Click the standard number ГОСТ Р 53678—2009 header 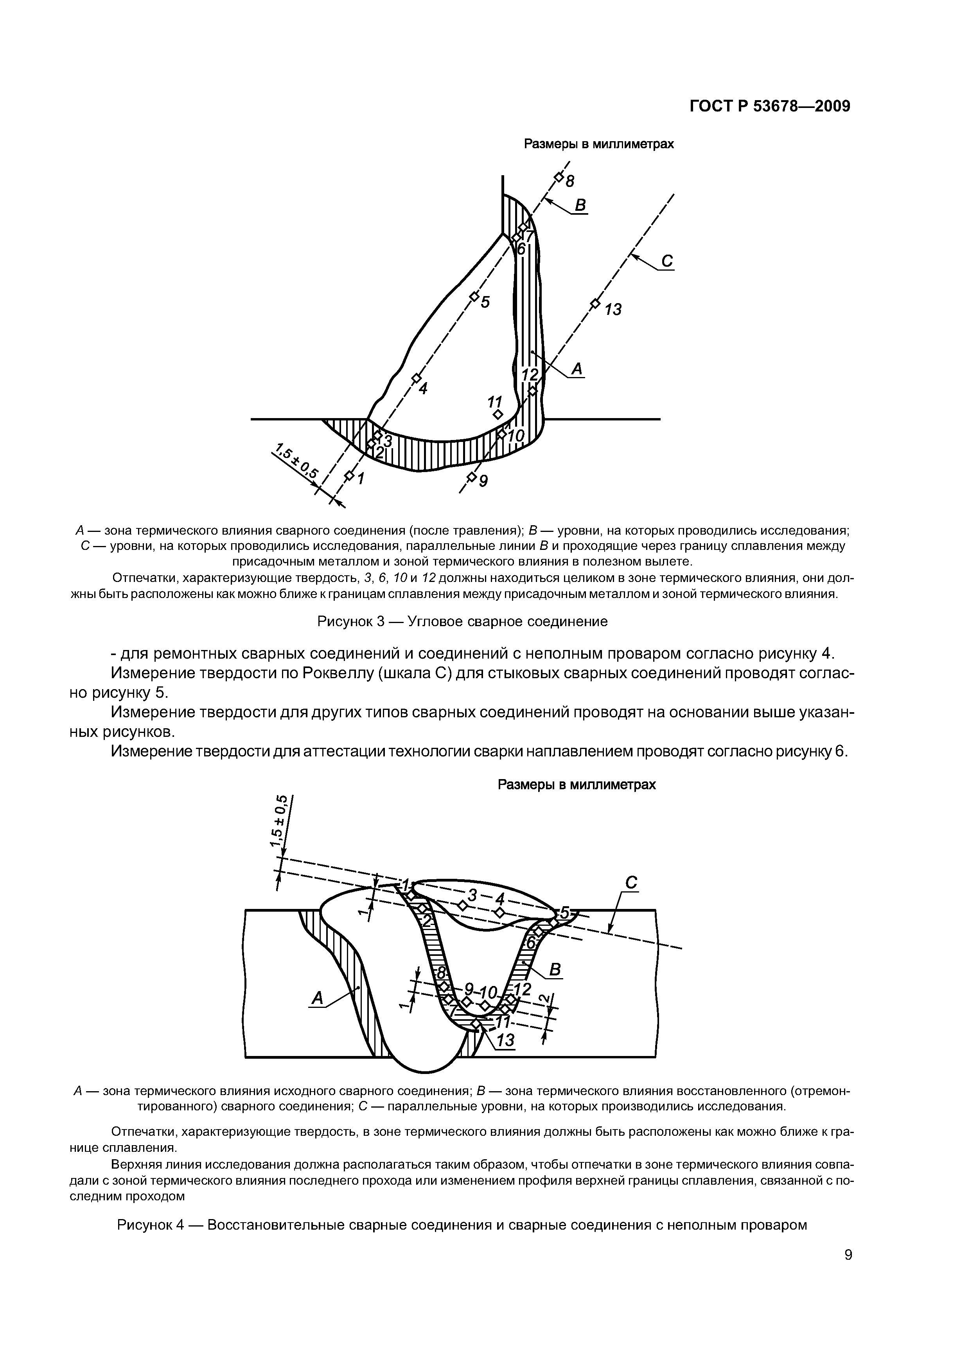click(x=770, y=106)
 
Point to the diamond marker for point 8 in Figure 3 click(x=558, y=178)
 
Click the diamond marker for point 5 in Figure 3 click(x=474, y=296)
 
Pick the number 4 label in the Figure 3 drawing click(x=423, y=388)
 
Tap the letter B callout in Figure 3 click(x=580, y=206)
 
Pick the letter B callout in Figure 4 click(x=555, y=970)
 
